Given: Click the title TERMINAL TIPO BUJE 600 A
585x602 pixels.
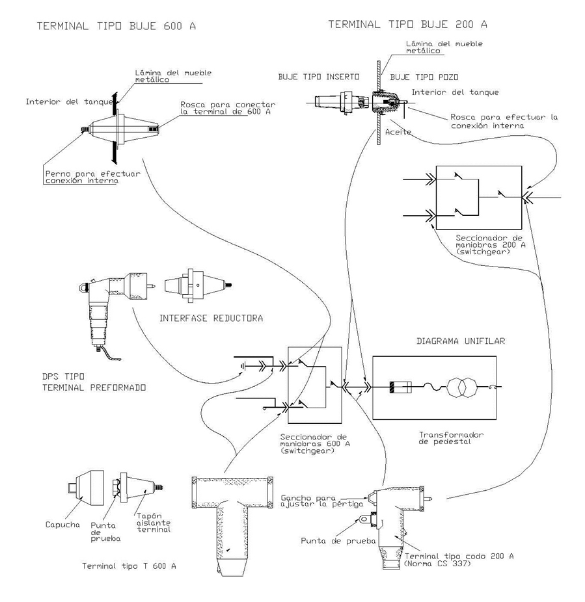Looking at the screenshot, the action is pyautogui.click(x=116, y=26).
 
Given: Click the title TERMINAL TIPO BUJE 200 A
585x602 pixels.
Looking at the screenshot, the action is pyautogui.click(x=408, y=25).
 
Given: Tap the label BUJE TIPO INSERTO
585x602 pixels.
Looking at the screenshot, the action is pyautogui.click(x=319, y=77).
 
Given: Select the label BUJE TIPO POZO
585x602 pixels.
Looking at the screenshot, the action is pyautogui.click(x=424, y=77).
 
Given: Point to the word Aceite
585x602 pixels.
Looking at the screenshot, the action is pyautogui.click(x=398, y=132).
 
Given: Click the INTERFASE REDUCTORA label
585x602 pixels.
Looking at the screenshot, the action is pyautogui.click(x=211, y=319).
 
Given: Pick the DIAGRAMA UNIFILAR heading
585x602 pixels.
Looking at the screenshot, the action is pyautogui.click(x=461, y=341).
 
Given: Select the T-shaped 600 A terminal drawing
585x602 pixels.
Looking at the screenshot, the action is pyautogui.click(x=232, y=525).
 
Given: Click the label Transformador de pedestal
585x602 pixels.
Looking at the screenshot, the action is pyautogui.click(x=451, y=438).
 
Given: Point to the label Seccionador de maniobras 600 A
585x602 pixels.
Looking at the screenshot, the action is pyautogui.click(x=315, y=443).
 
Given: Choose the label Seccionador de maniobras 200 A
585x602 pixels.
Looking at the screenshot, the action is pyautogui.click(x=491, y=244).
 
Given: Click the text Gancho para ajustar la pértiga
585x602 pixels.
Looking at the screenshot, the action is pyautogui.click(x=321, y=501).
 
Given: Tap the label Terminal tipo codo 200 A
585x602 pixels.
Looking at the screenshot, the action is pyautogui.click(x=459, y=559).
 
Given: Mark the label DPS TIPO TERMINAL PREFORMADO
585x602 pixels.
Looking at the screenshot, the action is pyautogui.click(x=94, y=382).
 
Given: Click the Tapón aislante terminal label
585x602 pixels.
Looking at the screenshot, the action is pyautogui.click(x=154, y=523).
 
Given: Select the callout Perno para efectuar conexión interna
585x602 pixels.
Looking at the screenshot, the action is pyautogui.click(x=92, y=177).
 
